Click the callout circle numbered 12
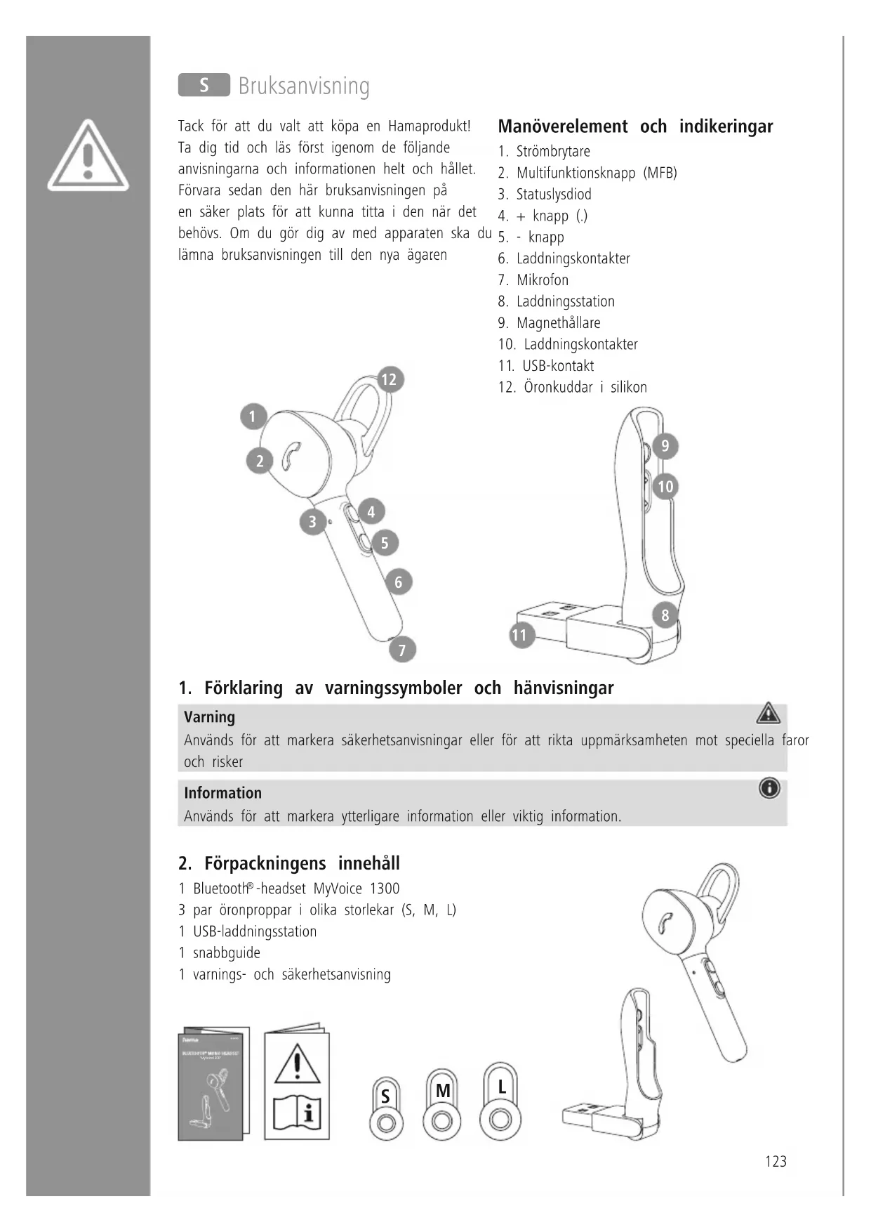[x=388, y=380]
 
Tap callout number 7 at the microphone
[x=402, y=650]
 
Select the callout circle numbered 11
[x=519, y=636]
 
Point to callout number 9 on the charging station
[x=665, y=446]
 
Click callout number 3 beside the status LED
[x=312, y=522]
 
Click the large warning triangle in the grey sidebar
[x=88, y=156]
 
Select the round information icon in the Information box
[x=769, y=789]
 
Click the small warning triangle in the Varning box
[x=769, y=714]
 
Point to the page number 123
[x=776, y=1162]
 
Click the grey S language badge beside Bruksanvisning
[x=204, y=85]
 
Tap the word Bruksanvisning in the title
[x=304, y=86]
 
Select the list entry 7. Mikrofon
[x=533, y=280]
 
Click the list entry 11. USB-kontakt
[x=546, y=366]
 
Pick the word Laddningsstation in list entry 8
[x=565, y=302]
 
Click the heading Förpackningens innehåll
[x=289, y=863]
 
